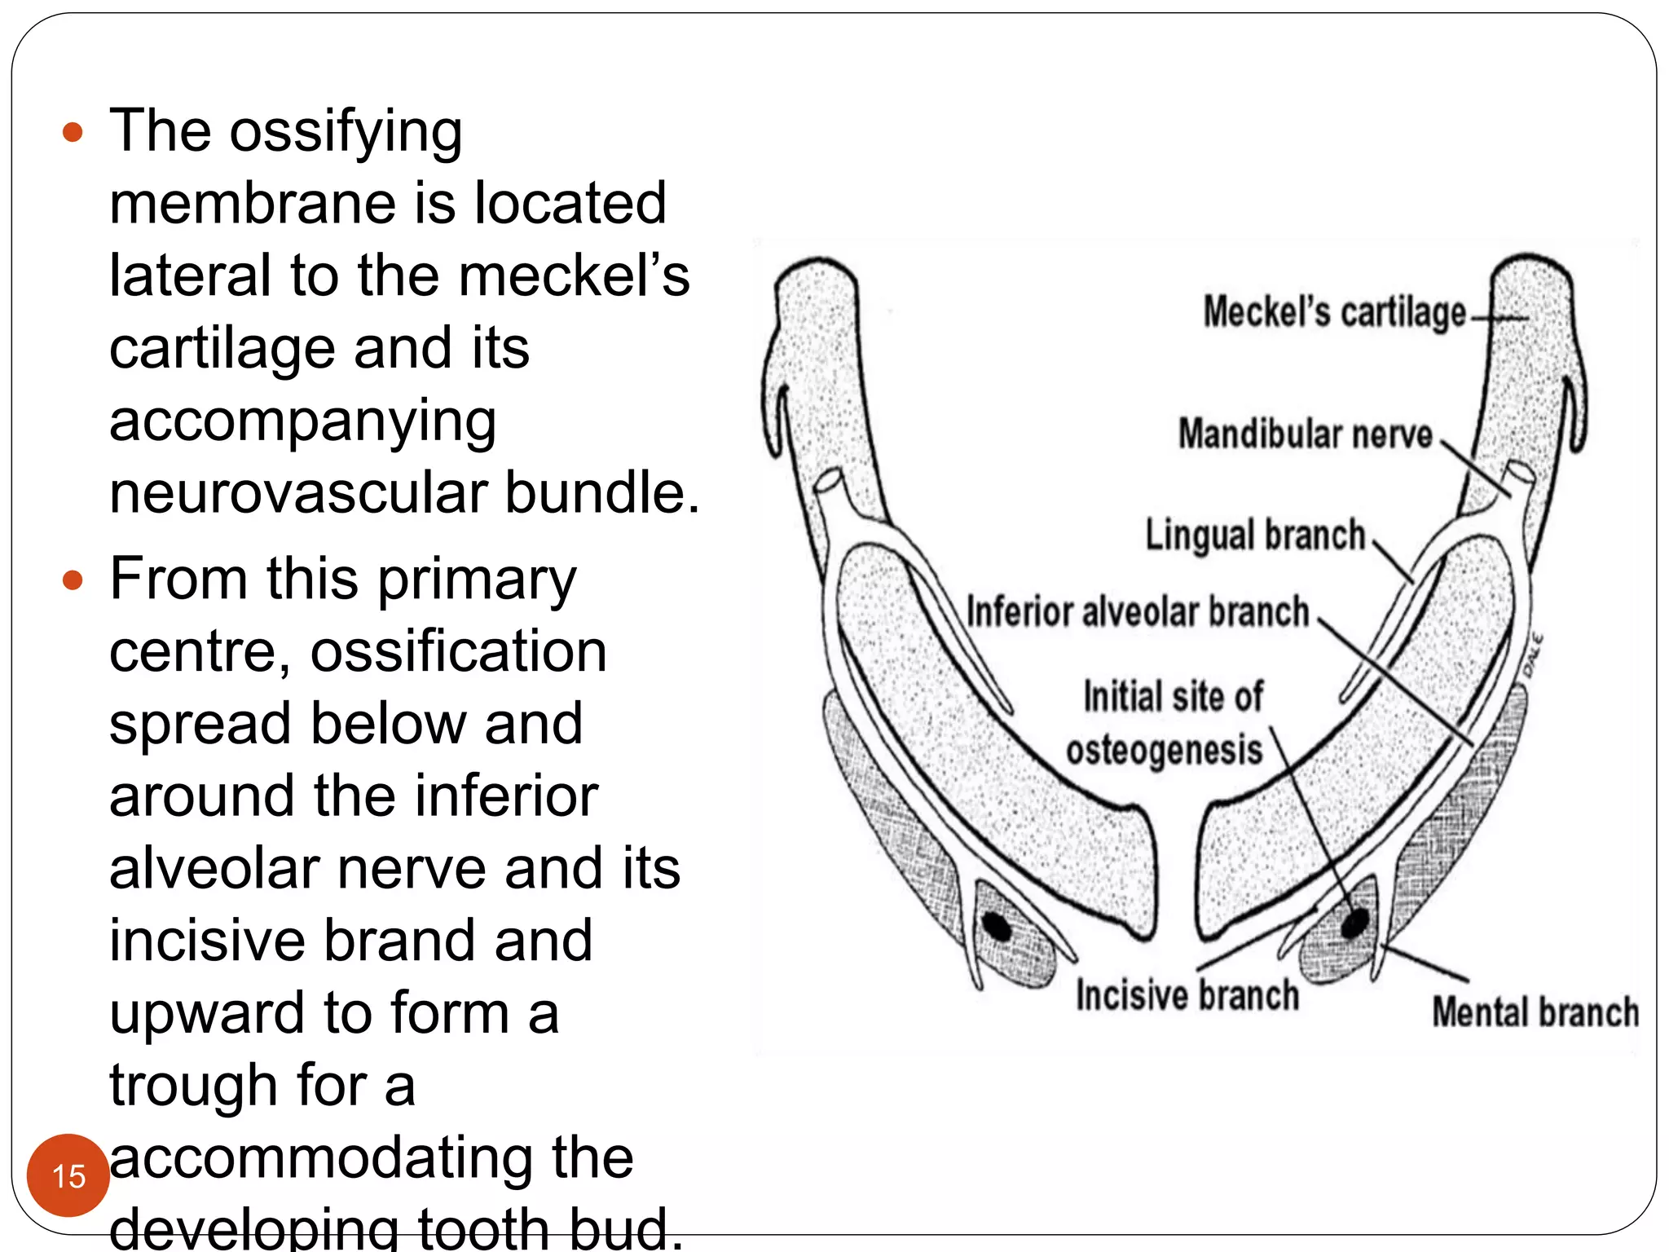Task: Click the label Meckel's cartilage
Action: [1334, 313]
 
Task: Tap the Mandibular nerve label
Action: [1305, 434]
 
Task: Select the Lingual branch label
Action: [1255, 536]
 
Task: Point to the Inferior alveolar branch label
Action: [1138, 612]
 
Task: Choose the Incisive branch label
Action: [1187, 996]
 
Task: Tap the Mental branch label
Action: [1535, 1013]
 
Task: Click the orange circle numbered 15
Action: [68, 1175]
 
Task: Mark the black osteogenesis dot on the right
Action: [1355, 923]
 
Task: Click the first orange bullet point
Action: [73, 132]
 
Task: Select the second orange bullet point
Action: [73, 580]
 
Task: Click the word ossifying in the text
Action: [346, 132]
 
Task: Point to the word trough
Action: [194, 1087]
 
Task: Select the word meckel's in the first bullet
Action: [574, 276]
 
